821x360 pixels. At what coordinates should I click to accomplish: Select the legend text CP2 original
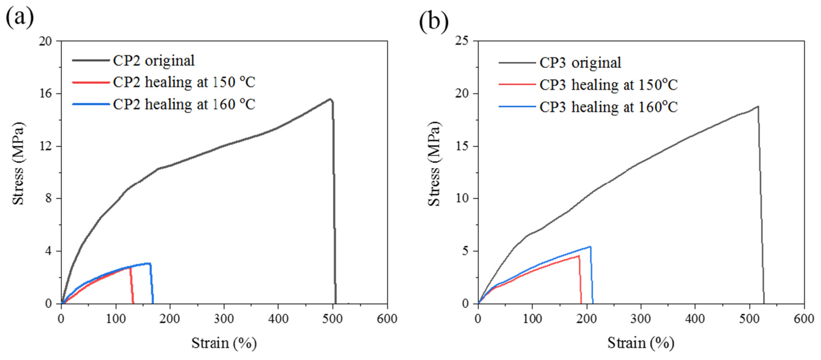[154, 60]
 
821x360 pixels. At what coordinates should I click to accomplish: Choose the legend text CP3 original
[580, 62]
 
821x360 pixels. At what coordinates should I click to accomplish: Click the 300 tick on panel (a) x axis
[224, 319]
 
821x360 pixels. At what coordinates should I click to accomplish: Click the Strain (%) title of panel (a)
[224, 343]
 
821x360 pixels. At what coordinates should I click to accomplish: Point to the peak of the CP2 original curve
[330, 99]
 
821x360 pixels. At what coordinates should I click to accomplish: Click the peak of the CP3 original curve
[758, 107]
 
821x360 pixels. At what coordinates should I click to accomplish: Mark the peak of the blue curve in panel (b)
[590, 247]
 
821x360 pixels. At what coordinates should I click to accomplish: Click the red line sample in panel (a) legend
[91, 82]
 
